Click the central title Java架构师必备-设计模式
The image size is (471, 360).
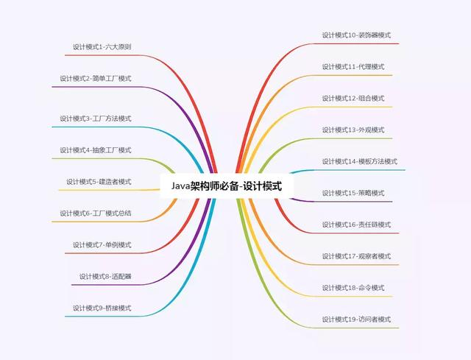tap(227, 186)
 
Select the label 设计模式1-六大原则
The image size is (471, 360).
tap(102, 47)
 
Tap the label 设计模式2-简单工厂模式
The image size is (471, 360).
tap(96, 79)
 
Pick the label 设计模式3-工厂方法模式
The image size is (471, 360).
tap(96, 119)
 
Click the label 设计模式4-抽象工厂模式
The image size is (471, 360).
tap(96, 150)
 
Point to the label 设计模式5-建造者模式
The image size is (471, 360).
tap(99, 182)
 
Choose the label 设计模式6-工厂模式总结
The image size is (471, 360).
tap(96, 213)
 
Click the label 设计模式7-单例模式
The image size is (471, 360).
tap(102, 244)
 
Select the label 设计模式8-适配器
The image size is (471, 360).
tap(105, 276)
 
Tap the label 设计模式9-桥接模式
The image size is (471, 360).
tap(102, 308)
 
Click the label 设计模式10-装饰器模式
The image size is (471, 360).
tap(356, 35)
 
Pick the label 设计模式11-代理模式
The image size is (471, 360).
tap(353, 67)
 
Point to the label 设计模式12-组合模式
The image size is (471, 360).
tap(353, 98)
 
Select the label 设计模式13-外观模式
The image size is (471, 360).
tap(353, 130)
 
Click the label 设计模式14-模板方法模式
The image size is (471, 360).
tap(360, 161)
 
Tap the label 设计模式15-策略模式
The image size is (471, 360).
tap(353, 193)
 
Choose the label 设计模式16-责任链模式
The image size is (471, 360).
tap(356, 225)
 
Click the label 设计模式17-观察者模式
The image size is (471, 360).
tap(356, 256)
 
